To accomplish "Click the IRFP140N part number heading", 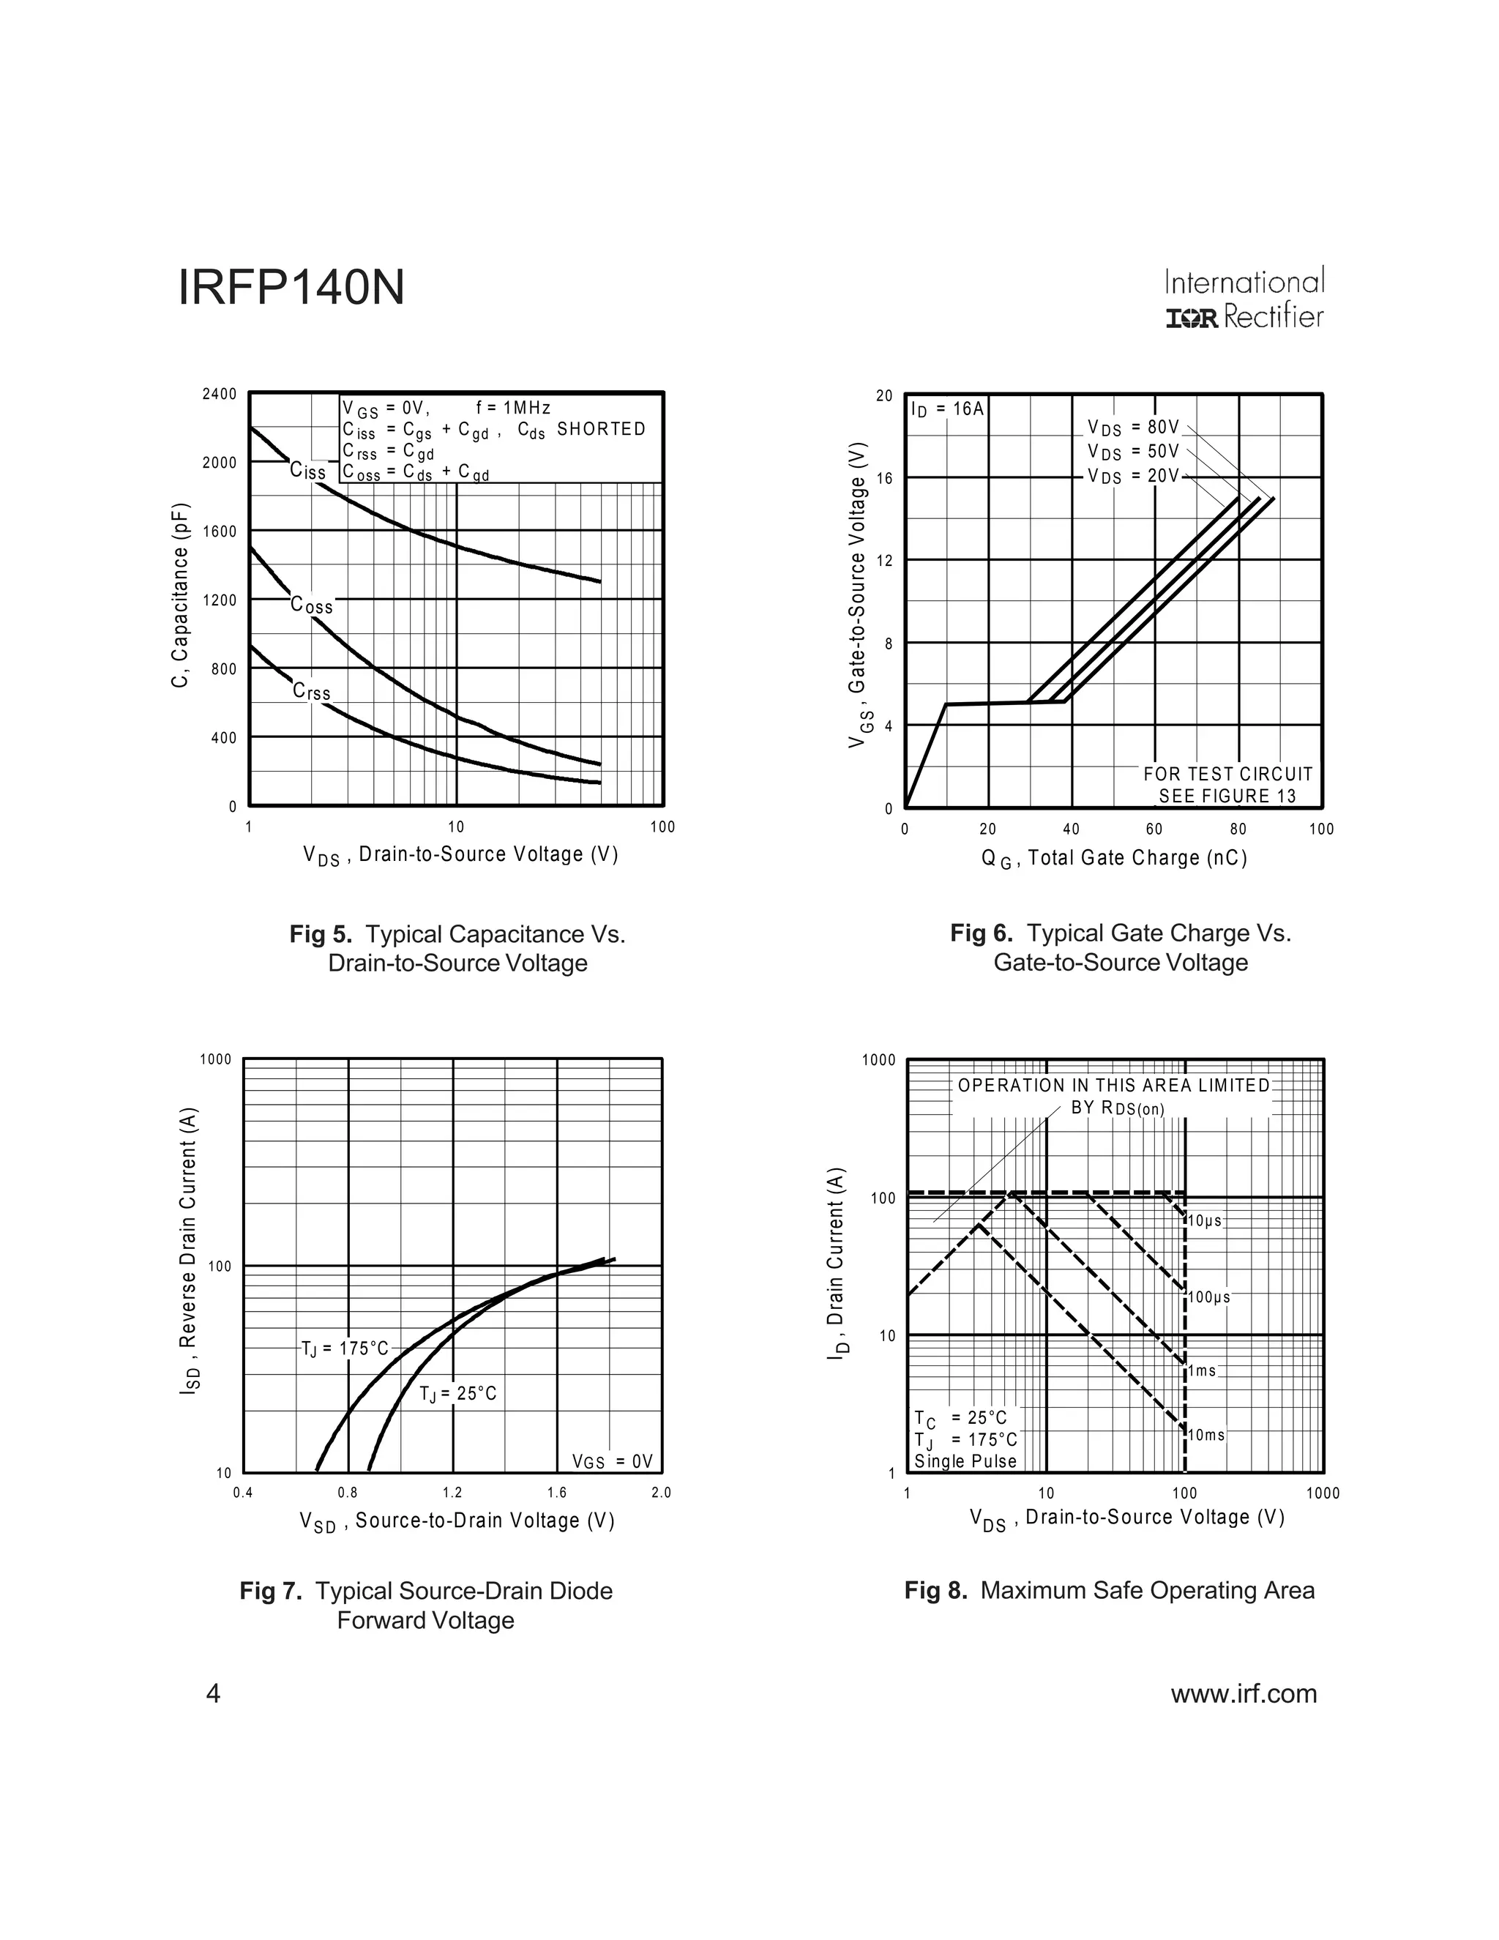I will pos(291,288).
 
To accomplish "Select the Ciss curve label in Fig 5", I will pos(308,471).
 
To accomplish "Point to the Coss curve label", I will pos(312,606).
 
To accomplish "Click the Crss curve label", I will pos(312,691).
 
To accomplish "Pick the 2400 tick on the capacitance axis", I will pos(220,394).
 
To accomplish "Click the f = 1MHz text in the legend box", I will pos(513,408).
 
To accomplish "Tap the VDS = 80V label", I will pos(1133,428).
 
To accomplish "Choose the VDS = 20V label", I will pos(1133,476).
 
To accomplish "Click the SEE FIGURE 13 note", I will pos(1227,796).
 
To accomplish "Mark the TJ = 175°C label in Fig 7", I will pos(345,1348).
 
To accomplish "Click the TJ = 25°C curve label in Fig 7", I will pos(458,1393).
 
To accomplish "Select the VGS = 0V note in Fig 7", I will pos(612,1461).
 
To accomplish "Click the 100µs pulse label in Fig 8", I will pos(1208,1298).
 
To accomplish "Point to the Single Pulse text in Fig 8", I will pos(965,1461).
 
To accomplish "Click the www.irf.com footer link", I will pos(1244,1694).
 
